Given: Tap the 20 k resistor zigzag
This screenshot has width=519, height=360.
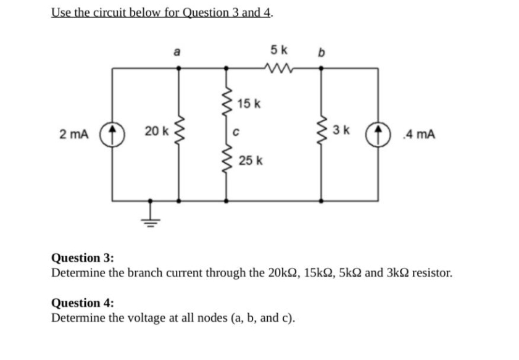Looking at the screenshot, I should click(x=179, y=132).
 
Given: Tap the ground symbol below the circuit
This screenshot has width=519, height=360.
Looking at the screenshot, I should click(x=149, y=213).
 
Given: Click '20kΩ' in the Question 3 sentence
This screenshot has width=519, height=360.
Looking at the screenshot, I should click(x=280, y=272).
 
